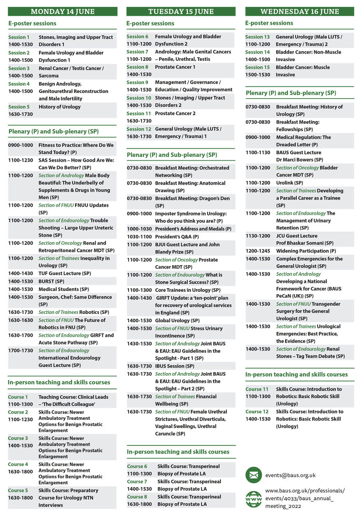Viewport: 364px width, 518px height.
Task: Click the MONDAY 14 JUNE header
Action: (x=63, y=12)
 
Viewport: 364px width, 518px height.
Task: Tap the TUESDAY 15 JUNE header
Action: (x=181, y=12)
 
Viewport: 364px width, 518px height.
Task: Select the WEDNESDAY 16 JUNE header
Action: (x=300, y=12)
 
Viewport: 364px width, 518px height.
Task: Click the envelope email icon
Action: (x=254, y=475)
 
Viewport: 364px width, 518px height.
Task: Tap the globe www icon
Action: (x=254, y=499)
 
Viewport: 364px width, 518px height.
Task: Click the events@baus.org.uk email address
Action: (x=290, y=475)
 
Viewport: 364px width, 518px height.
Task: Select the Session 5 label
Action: (x=19, y=107)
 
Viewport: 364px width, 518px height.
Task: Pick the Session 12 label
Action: (x=139, y=129)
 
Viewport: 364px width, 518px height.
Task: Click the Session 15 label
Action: (x=257, y=67)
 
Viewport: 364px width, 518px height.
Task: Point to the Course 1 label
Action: (x=18, y=397)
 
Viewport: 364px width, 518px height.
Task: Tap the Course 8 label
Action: (x=137, y=497)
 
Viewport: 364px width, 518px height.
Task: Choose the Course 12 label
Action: (x=257, y=412)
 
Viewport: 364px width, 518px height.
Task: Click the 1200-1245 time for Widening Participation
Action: (x=258, y=251)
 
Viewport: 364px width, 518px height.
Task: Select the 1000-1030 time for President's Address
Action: (x=139, y=229)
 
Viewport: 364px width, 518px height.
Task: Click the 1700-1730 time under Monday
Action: (x=21, y=351)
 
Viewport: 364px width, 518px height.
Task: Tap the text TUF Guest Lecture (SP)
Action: (x=65, y=273)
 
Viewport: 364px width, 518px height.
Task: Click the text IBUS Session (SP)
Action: (x=175, y=366)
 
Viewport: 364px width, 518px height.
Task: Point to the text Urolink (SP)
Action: (x=289, y=183)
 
